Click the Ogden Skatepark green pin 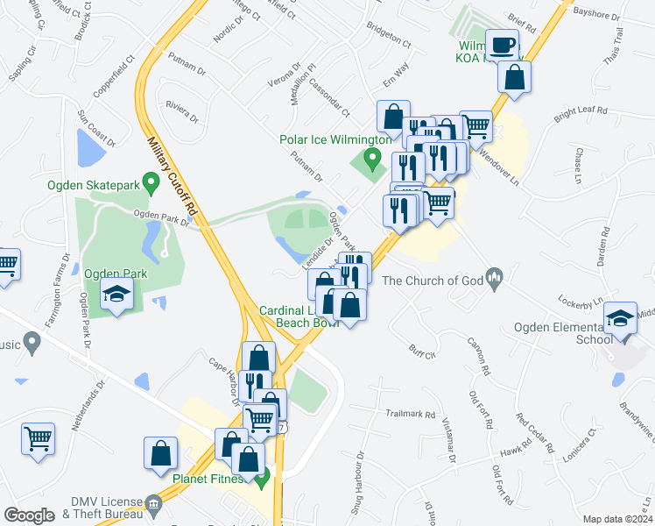[150, 183]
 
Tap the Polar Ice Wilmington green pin [372, 160]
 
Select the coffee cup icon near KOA [503, 45]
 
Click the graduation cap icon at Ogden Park [115, 297]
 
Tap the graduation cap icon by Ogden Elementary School [620, 318]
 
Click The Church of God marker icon [494, 281]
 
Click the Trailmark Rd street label [411, 413]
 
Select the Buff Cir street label [422, 352]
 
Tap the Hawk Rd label [511, 452]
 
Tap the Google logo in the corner [29, 515]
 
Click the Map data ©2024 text [617, 519]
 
